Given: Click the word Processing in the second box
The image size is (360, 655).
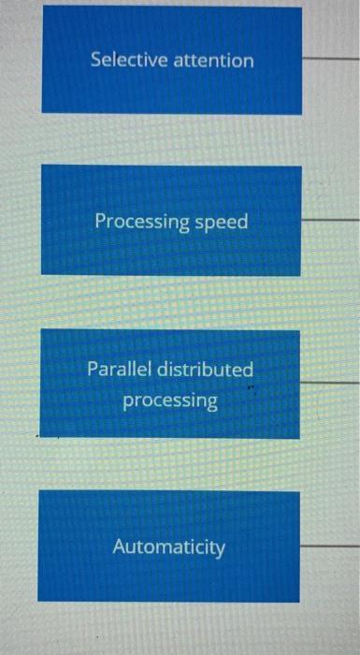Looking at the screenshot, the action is point(141,223).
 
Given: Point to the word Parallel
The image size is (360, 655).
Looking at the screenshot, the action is point(118,369).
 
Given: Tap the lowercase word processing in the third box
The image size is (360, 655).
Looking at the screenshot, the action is point(170,401).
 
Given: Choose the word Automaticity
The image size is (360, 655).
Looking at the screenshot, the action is point(169,546).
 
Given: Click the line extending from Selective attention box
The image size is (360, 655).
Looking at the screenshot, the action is point(330,56).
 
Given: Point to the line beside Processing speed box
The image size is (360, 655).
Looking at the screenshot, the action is point(330,220).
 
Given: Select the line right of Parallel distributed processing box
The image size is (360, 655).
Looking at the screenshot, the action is point(330,383).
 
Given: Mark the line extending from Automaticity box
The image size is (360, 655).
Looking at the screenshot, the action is point(330,545).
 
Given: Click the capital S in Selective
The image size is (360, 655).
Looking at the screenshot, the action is point(95,60).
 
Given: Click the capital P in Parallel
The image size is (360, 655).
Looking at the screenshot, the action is point(93,369).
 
